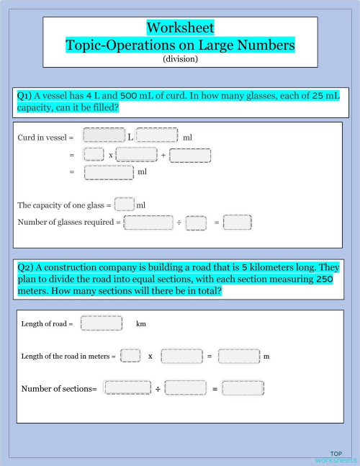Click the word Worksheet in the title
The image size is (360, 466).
click(x=180, y=28)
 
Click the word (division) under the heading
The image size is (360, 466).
click(x=180, y=59)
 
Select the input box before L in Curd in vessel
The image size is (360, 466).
click(x=104, y=135)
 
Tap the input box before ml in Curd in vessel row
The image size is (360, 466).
click(x=156, y=135)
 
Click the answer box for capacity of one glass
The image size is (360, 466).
click(x=124, y=205)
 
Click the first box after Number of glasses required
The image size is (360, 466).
click(x=148, y=223)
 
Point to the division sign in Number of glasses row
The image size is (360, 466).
click(x=179, y=223)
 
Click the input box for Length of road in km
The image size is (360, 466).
click(x=101, y=323)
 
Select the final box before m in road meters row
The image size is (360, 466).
click(x=238, y=356)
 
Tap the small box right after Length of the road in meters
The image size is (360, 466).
click(x=130, y=356)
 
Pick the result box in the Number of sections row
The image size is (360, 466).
click(x=243, y=388)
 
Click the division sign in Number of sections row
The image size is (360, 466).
click(x=158, y=389)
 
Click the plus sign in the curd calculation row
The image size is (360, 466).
click(x=163, y=155)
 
